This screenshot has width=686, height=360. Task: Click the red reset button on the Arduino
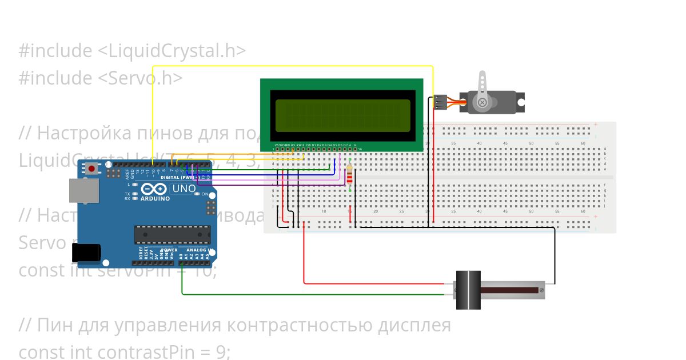coord(91,169)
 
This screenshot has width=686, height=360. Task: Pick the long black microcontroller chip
coord(172,235)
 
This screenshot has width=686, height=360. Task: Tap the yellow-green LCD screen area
coord(342,115)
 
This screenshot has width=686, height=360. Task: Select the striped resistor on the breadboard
coord(350,176)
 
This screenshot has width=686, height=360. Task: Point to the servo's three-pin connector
coord(440,102)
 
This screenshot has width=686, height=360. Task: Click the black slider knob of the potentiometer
coord(468,290)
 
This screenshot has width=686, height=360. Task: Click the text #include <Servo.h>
coord(101,78)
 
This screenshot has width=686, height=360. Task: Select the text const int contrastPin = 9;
coord(125,351)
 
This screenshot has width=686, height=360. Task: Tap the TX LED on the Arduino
coord(134,194)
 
